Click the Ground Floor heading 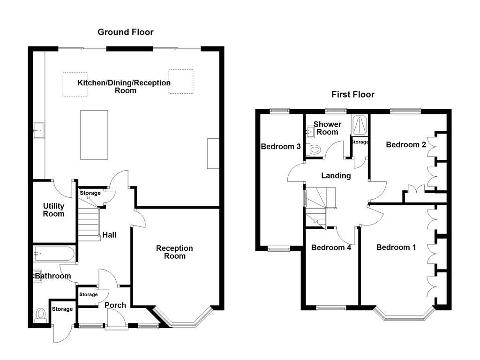pos(125,32)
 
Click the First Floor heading pos(353,95)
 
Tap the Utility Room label pos(53,210)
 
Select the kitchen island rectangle pos(94,135)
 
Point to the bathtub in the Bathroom pos(53,255)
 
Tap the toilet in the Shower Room pos(315,150)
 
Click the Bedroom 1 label pos(396,247)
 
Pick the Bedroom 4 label pos(331,247)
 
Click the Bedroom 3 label pos(280,147)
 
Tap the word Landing pos(336,176)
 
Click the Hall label pos(109,235)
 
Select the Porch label pos(115,305)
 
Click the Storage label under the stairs pos(90,193)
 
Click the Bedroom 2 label pos(405,145)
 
